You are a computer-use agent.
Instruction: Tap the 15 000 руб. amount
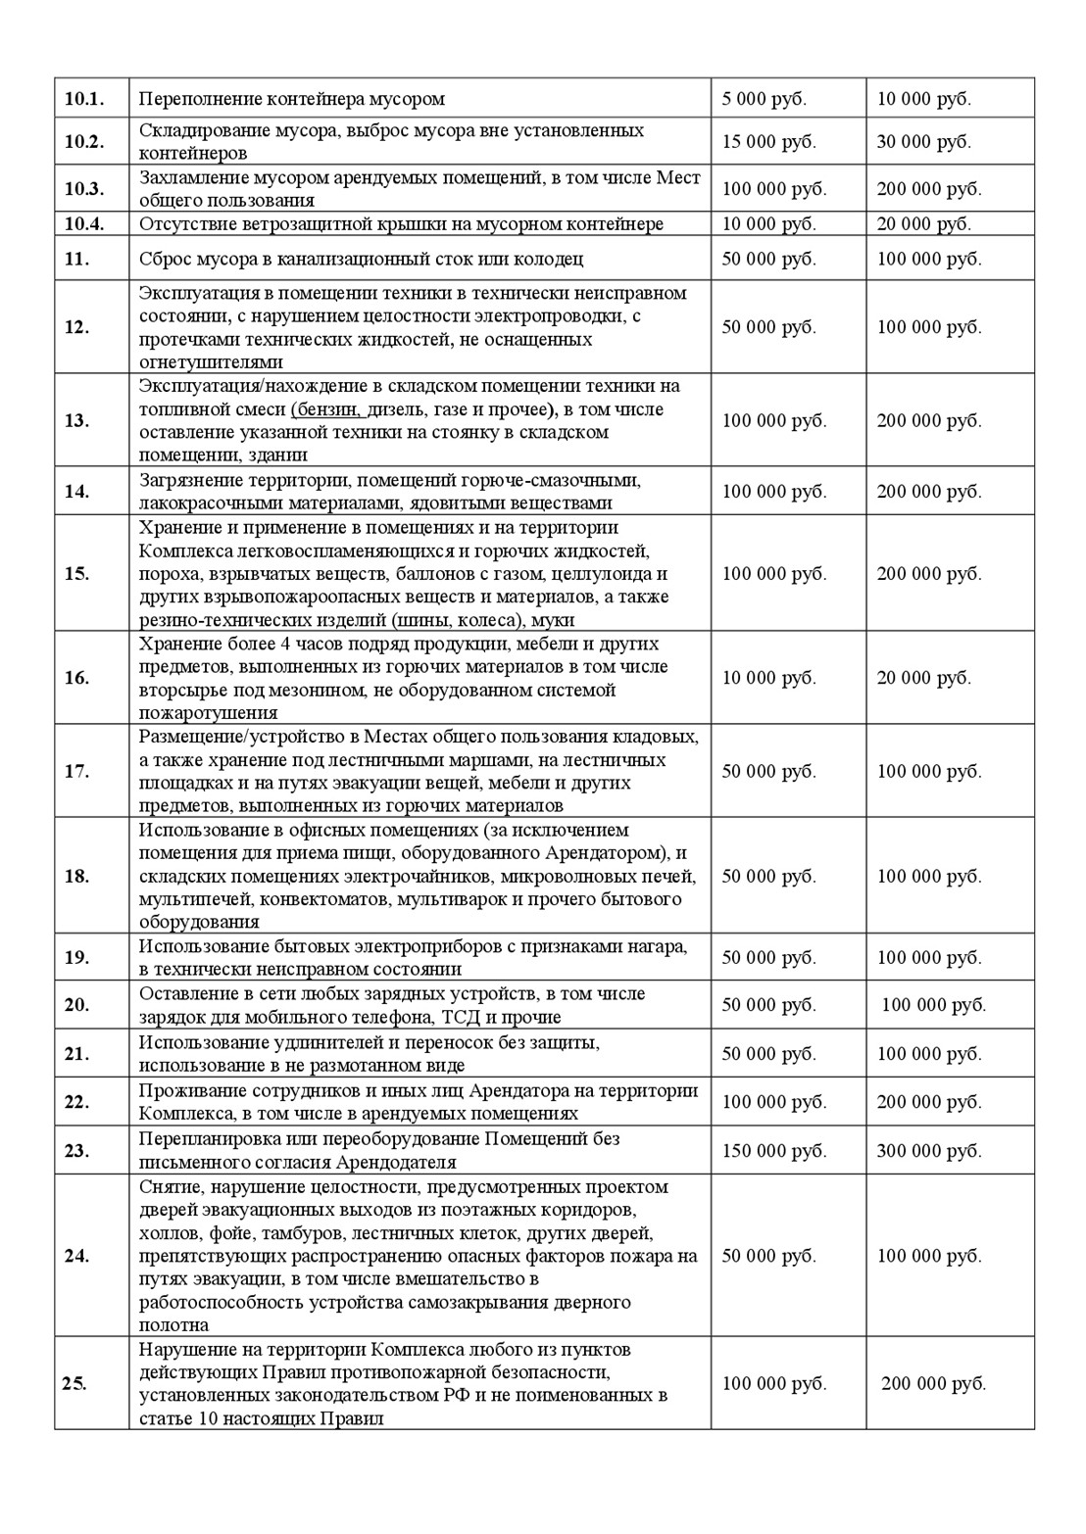[768, 142]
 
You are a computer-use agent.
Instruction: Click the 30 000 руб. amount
[923, 142]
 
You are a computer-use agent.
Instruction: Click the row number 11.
[77, 260]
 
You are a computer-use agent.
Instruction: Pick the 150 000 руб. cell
[773, 1151]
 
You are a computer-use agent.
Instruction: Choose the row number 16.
[77, 678]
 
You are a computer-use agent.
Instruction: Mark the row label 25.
[74, 1384]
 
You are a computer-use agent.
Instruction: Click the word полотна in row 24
[173, 1325]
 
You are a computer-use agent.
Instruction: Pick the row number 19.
[77, 958]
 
